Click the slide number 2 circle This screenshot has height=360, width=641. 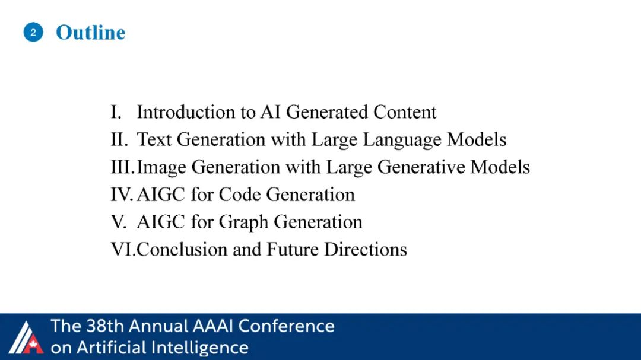click(33, 32)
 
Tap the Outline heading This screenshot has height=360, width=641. click(90, 32)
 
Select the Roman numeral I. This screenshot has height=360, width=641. click(116, 112)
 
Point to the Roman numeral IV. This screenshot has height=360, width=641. click(122, 195)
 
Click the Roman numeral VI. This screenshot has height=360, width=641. click(123, 249)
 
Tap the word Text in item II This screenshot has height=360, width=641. click(154, 139)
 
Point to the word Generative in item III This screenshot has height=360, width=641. click(421, 167)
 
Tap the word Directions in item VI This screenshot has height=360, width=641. click(366, 249)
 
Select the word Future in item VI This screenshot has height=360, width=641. click(292, 249)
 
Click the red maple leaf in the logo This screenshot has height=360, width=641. click(33, 345)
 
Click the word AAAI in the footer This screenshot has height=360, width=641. click(212, 326)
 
